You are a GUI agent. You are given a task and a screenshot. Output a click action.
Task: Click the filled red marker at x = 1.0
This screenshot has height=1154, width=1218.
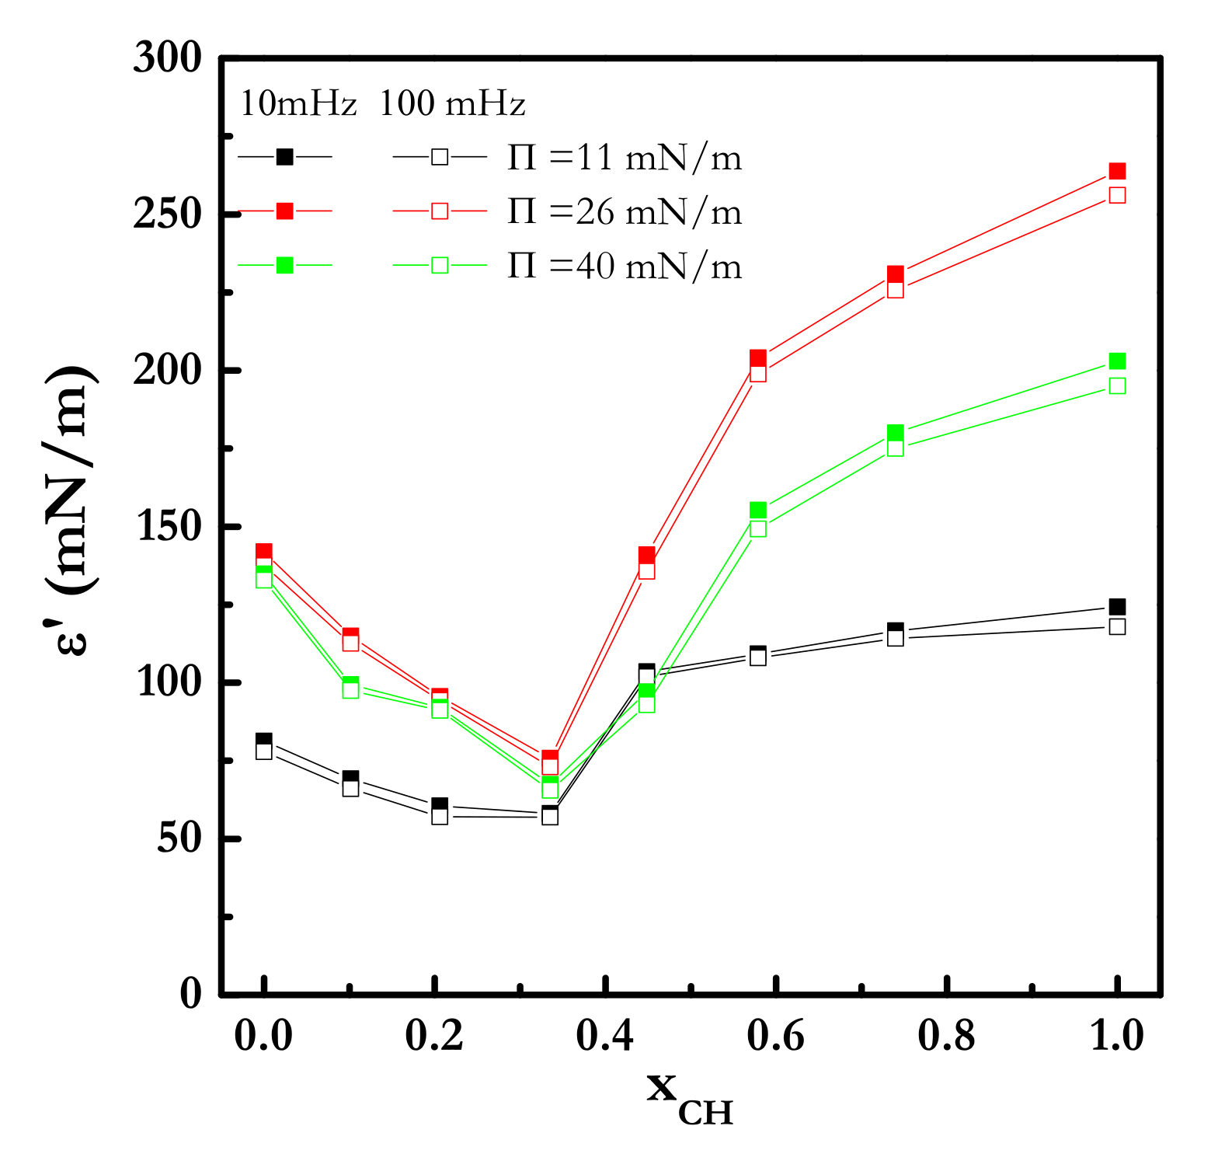click(x=1117, y=171)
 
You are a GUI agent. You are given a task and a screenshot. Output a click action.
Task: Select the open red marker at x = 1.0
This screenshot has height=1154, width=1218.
click(x=1117, y=195)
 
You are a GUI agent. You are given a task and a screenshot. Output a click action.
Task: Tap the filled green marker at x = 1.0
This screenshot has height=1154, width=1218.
click(x=1117, y=361)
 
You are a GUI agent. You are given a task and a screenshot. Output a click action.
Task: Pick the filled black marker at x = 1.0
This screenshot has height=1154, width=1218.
click(x=1117, y=607)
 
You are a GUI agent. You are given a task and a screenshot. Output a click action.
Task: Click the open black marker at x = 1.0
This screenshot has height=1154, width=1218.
click(x=1117, y=626)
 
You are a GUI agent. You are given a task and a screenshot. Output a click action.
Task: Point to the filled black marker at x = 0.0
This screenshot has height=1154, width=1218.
click(x=264, y=739)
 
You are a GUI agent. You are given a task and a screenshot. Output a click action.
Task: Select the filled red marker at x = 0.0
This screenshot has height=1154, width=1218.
click(x=264, y=551)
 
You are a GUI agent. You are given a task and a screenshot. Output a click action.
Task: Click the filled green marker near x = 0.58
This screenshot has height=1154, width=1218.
click(x=758, y=510)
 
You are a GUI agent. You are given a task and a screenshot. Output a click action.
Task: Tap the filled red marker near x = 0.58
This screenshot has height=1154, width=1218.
click(x=758, y=357)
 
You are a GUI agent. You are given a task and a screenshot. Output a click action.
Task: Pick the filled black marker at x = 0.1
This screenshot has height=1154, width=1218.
click(x=350, y=777)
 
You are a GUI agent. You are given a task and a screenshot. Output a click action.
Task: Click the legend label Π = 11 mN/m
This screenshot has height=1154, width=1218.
click(x=625, y=158)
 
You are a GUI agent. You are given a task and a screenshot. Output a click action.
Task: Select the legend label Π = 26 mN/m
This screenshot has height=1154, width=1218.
click(x=625, y=211)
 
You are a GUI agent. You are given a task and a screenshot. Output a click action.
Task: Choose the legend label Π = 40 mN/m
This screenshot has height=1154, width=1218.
click(x=625, y=266)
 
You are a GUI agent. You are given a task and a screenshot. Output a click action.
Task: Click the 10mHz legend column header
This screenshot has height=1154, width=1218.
click(x=298, y=104)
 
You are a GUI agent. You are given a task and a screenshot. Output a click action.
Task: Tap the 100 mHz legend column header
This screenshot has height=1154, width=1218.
click(x=452, y=104)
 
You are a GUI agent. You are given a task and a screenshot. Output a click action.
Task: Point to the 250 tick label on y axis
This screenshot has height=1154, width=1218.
click(x=168, y=215)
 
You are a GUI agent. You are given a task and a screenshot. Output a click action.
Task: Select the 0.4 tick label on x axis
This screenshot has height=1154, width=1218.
click(x=605, y=1036)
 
